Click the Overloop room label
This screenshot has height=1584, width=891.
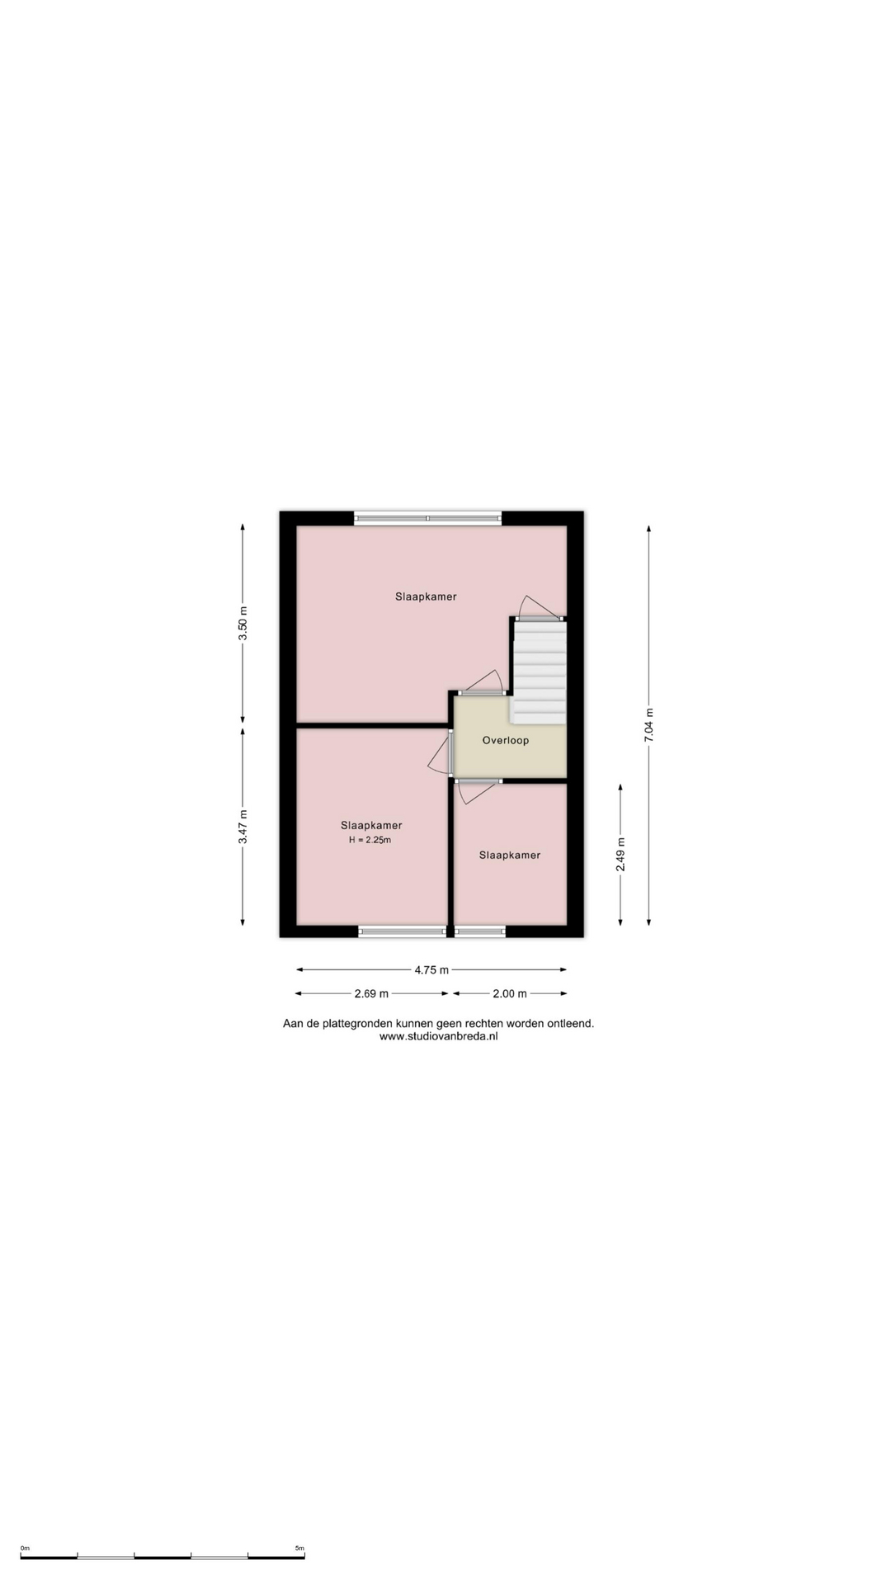point(506,740)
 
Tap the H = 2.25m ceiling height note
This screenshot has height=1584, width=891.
point(370,840)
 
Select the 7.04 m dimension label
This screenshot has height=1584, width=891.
point(648,725)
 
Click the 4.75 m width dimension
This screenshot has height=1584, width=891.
point(431,970)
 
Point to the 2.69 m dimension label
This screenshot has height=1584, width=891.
point(371,994)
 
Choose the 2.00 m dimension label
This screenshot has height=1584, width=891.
point(510,994)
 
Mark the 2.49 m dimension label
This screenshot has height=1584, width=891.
point(620,854)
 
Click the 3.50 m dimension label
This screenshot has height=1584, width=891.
point(243,623)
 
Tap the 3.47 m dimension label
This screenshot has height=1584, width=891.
point(243,826)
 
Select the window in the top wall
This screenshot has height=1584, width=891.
point(428,518)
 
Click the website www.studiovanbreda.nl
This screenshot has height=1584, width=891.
point(438,1037)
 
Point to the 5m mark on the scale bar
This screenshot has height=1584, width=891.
point(299,1549)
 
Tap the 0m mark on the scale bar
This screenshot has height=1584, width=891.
point(25,1549)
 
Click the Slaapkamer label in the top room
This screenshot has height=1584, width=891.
point(426,596)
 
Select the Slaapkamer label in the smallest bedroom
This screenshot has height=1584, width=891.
point(510,855)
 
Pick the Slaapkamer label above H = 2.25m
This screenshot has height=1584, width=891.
point(371,825)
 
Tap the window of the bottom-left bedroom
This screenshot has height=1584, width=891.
point(403,931)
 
